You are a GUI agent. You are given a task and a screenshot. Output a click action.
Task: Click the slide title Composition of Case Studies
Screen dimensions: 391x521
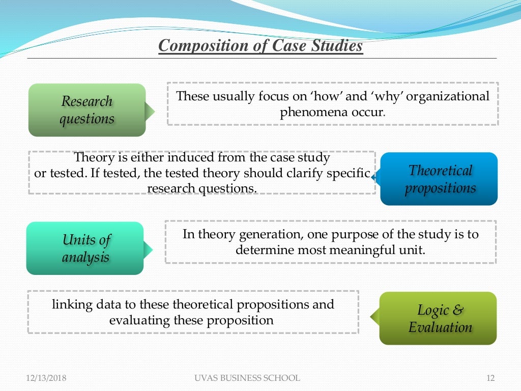260,46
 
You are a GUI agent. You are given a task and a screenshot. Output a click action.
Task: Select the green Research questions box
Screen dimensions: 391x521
87,110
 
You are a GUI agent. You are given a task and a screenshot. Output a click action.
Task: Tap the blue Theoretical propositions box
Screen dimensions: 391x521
439,179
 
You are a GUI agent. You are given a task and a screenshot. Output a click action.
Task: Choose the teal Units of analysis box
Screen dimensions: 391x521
85,248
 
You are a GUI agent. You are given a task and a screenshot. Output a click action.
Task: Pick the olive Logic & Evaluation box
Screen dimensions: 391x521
438,318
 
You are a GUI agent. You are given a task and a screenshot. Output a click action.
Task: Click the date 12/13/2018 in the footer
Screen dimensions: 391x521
46,378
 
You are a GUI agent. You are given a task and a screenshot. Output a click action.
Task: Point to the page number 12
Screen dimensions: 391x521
490,378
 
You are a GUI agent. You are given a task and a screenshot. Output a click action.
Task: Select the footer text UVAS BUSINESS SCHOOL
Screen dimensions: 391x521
247,378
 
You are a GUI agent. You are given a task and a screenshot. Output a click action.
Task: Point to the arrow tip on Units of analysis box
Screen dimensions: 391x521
150,249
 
